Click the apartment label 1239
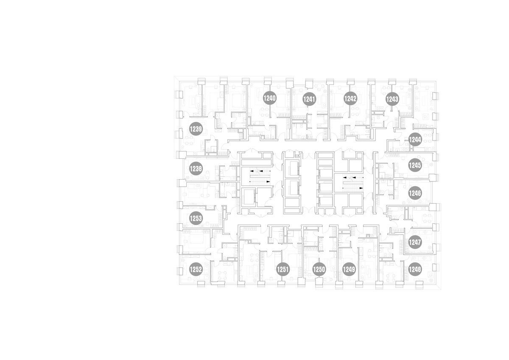(x=196, y=129)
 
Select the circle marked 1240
(x=270, y=98)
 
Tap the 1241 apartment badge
(x=309, y=99)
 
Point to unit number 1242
(x=350, y=98)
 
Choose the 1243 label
(x=392, y=99)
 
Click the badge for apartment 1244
(x=415, y=139)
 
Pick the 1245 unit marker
(x=415, y=165)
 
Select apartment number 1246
(x=415, y=193)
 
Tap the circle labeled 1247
(x=415, y=242)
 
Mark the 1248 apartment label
(x=415, y=270)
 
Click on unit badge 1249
(x=349, y=270)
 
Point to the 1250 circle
(x=319, y=270)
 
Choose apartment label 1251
(x=283, y=270)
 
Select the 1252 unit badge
(x=196, y=270)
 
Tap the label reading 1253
(x=196, y=218)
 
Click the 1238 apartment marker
(x=196, y=169)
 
